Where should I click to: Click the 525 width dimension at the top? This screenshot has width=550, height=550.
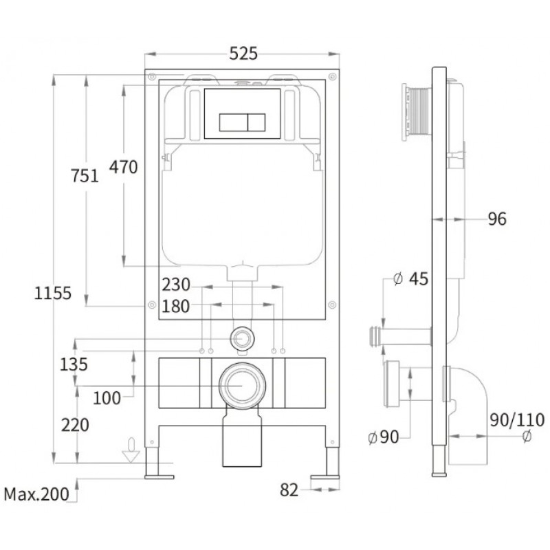pyautogui.click(x=243, y=54)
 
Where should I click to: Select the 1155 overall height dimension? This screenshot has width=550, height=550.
pyautogui.click(x=53, y=293)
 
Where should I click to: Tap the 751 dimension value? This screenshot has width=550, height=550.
pyautogui.click(x=85, y=175)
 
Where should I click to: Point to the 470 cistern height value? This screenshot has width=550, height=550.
pyautogui.click(x=124, y=167)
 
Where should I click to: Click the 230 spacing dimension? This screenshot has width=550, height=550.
pyautogui.click(x=176, y=285)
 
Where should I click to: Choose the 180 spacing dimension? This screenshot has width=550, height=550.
pyautogui.click(x=175, y=306)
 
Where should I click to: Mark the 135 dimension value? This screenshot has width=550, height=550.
pyautogui.click(x=74, y=364)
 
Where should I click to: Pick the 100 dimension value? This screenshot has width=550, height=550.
pyautogui.click(x=107, y=398)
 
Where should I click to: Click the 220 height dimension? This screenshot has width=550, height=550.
pyautogui.click(x=75, y=425)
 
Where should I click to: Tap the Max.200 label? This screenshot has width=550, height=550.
pyautogui.click(x=36, y=494)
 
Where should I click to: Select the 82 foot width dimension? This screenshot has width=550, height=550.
pyautogui.click(x=289, y=490)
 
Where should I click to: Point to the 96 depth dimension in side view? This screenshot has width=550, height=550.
pyautogui.click(x=497, y=219)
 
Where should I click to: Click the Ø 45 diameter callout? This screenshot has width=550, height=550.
pyautogui.click(x=410, y=279)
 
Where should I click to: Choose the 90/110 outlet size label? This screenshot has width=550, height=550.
pyautogui.click(x=517, y=420)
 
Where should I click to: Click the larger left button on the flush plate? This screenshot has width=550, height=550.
pyautogui.click(x=233, y=122)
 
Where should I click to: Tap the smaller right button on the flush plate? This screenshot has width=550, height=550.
pyautogui.click(x=256, y=122)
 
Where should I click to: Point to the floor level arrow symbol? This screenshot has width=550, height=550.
pyautogui.click(x=131, y=450)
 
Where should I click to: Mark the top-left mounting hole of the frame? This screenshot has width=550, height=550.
pyautogui.click(x=152, y=76)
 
